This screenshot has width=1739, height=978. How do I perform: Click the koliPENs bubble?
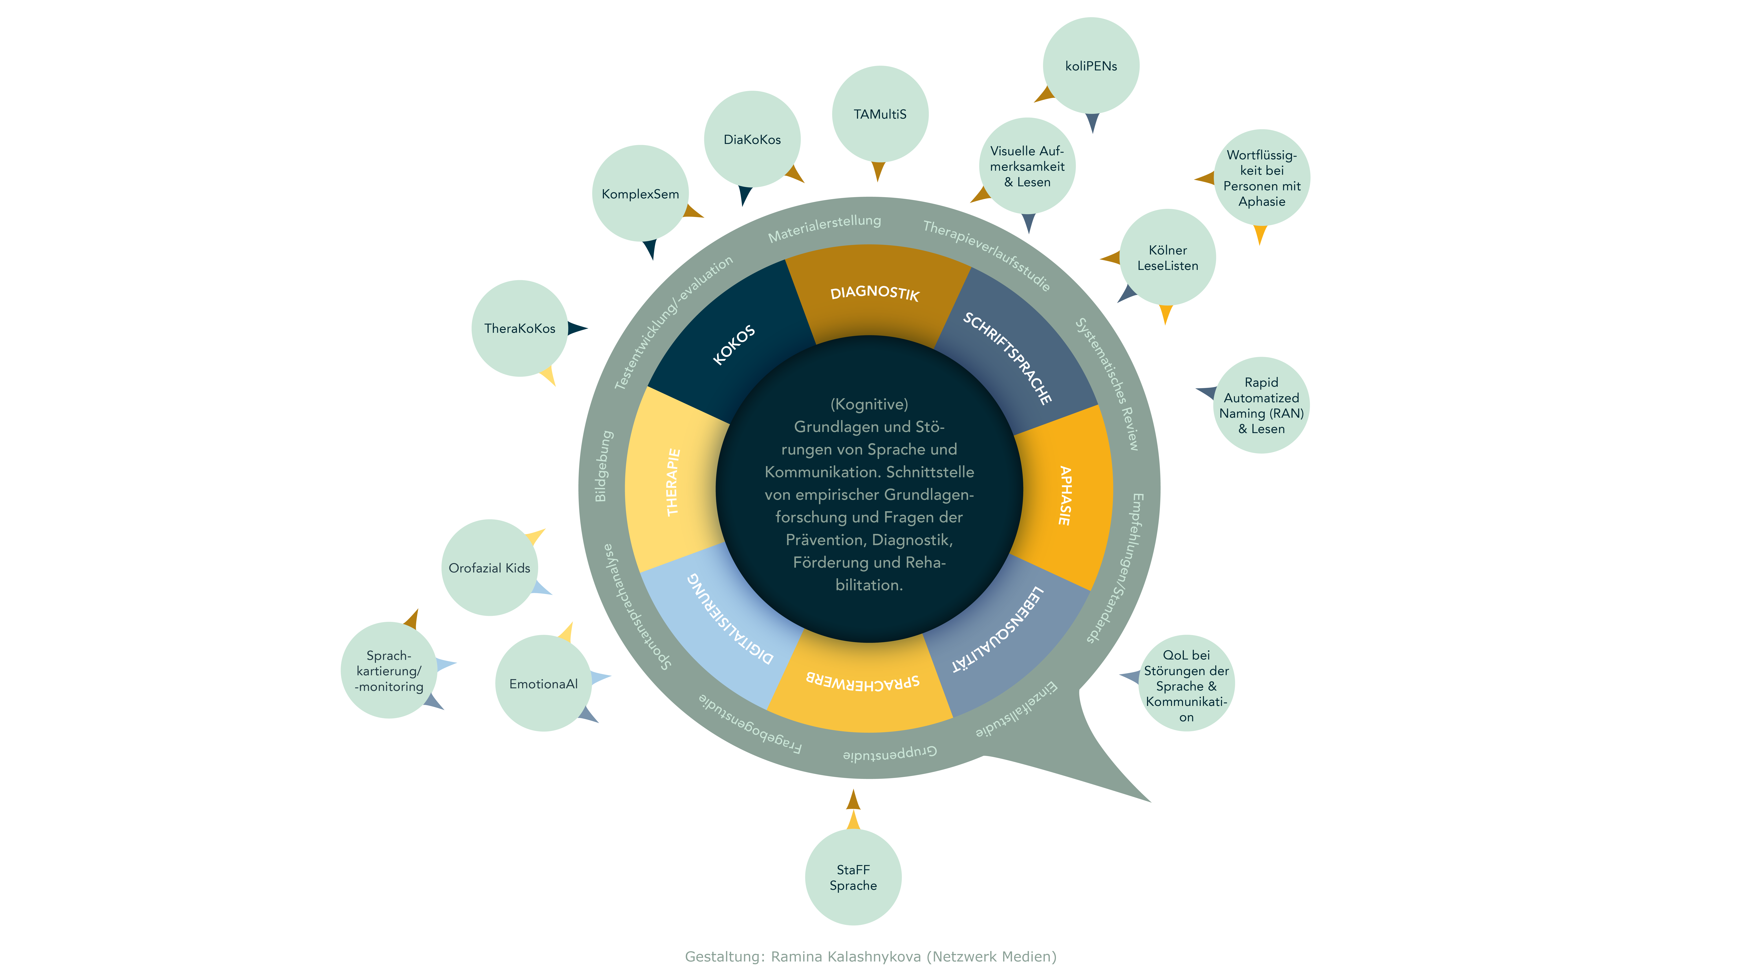pyautogui.click(x=1091, y=65)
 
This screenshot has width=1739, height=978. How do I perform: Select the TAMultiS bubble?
pyautogui.click(x=880, y=114)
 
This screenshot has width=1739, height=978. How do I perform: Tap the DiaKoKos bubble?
pyautogui.click(x=752, y=139)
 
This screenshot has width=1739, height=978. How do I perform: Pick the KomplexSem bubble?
pyautogui.click(x=640, y=194)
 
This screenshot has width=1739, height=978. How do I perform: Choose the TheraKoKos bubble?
pyautogui.click(x=519, y=328)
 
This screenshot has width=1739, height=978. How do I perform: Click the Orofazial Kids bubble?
pyautogui.click(x=489, y=568)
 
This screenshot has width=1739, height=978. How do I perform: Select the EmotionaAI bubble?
pyautogui.click(x=543, y=683)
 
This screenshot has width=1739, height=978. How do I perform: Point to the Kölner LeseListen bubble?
pyautogui.click(x=1168, y=257)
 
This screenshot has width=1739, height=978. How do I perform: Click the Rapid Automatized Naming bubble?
pyautogui.click(x=1261, y=405)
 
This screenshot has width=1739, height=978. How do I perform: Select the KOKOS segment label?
pyautogui.click(x=734, y=345)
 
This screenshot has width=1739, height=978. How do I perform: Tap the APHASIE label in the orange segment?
pyautogui.click(x=1065, y=495)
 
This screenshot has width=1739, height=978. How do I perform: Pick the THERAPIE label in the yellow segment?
pyautogui.click(x=673, y=482)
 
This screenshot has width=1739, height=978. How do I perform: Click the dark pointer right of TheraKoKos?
pyautogui.click(x=577, y=328)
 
